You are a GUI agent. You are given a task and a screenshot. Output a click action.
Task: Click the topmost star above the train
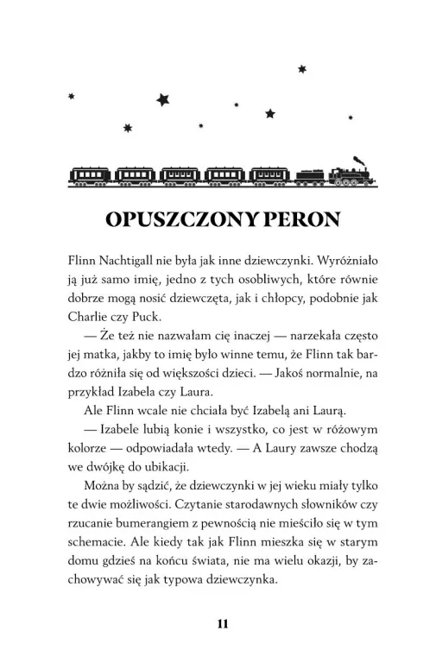302,69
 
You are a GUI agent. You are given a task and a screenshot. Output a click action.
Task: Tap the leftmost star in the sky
71,97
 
